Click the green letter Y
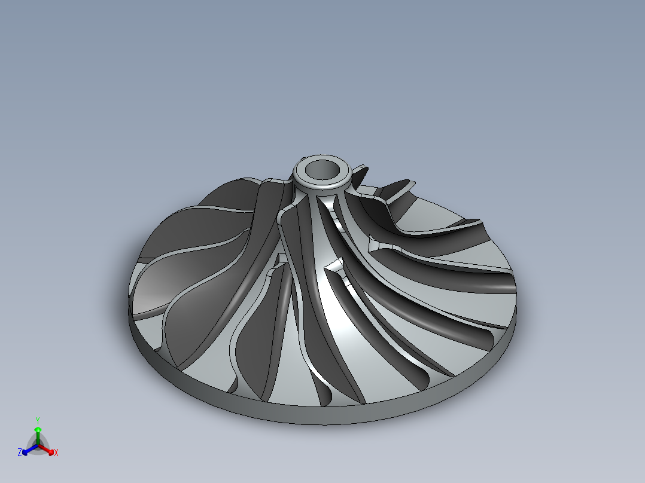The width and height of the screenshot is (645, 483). pyautogui.click(x=37, y=420)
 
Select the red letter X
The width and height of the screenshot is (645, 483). pyautogui.click(x=56, y=453)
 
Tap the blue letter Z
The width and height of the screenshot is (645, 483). pyautogui.click(x=20, y=453)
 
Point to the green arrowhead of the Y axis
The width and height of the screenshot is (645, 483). pyautogui.click(x=37, y=429)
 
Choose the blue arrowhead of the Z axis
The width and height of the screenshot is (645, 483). pyautogui.click(x=25, y=451)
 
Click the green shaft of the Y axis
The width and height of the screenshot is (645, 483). pyautogui.click(x=37, y=438)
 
